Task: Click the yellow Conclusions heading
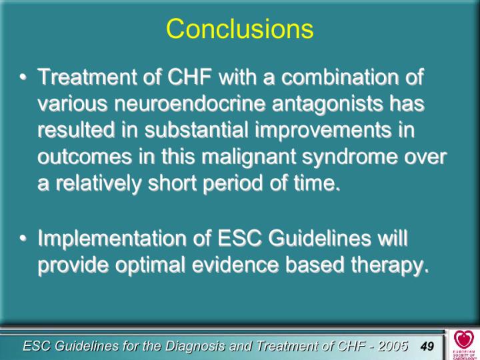click(240, 28)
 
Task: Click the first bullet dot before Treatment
click(23, 77)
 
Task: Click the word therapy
click(389, 265)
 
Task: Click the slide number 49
click(427, 346)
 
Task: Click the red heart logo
click(464, 339)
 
